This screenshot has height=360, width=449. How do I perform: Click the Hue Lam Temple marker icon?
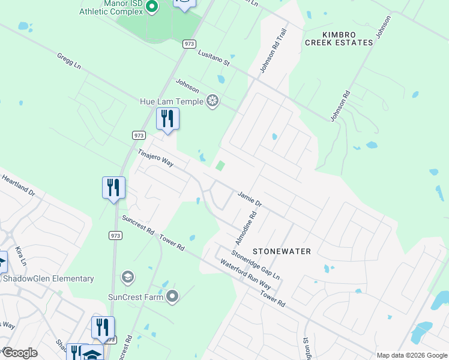[212, 101]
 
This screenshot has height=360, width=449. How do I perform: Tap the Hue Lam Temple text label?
[172, 101]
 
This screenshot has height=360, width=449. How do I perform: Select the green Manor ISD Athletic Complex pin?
[152, 7]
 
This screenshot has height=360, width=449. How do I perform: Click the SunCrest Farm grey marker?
[172, 296]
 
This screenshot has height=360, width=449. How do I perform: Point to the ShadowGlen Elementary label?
[49, 278]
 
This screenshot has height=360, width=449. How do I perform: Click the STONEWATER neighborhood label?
[282, 251]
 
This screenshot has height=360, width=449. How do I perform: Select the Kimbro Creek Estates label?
[339, 38]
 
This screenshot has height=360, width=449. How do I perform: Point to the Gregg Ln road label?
[69, 62]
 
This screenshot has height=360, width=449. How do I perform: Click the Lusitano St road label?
[214, 57]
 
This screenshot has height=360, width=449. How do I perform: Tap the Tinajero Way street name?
[155, 158]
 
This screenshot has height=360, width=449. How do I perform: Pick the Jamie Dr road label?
[250, 199]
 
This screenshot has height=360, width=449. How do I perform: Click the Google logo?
[19, 353]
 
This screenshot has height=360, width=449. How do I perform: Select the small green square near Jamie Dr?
[220, 166]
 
